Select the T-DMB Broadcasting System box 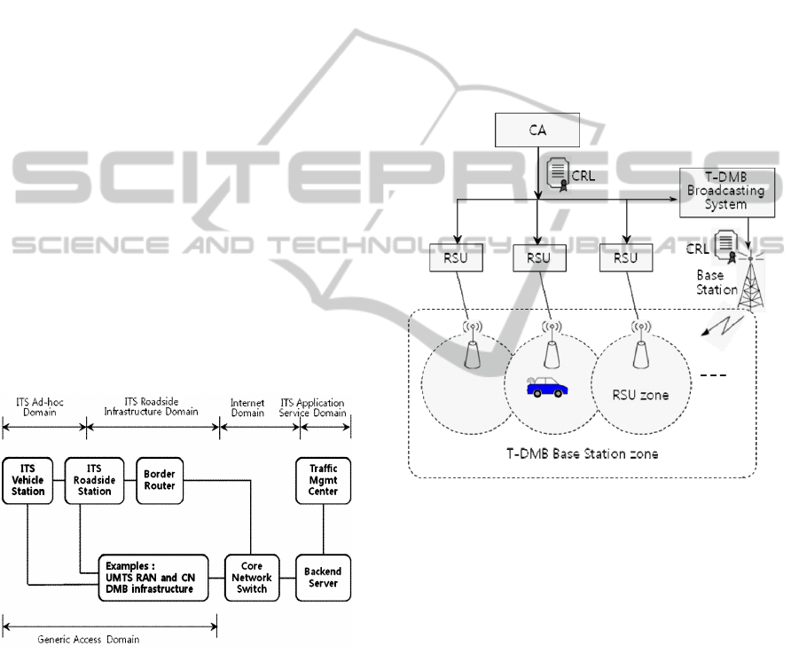(726, 193)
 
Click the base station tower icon (750, 281)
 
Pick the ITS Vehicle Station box (28, 481)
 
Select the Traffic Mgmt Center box (323, 479)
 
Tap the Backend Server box (323, 578)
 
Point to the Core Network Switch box (252, 578)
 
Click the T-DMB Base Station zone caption (582, 453)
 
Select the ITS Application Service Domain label (325, 407)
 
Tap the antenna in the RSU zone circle (639, 352)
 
